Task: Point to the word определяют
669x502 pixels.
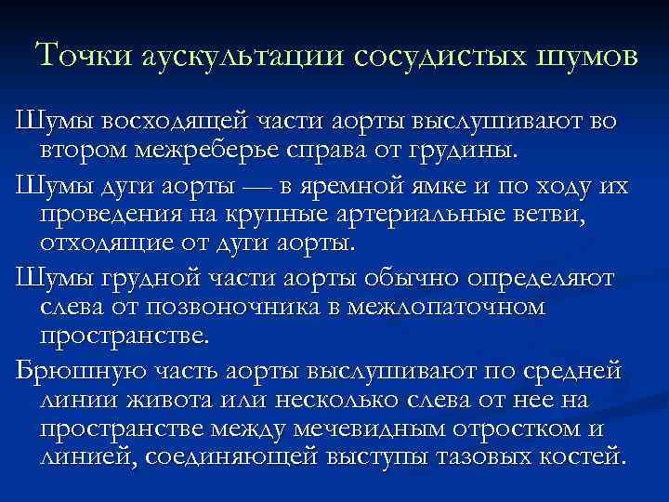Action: (x=552, y=277)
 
